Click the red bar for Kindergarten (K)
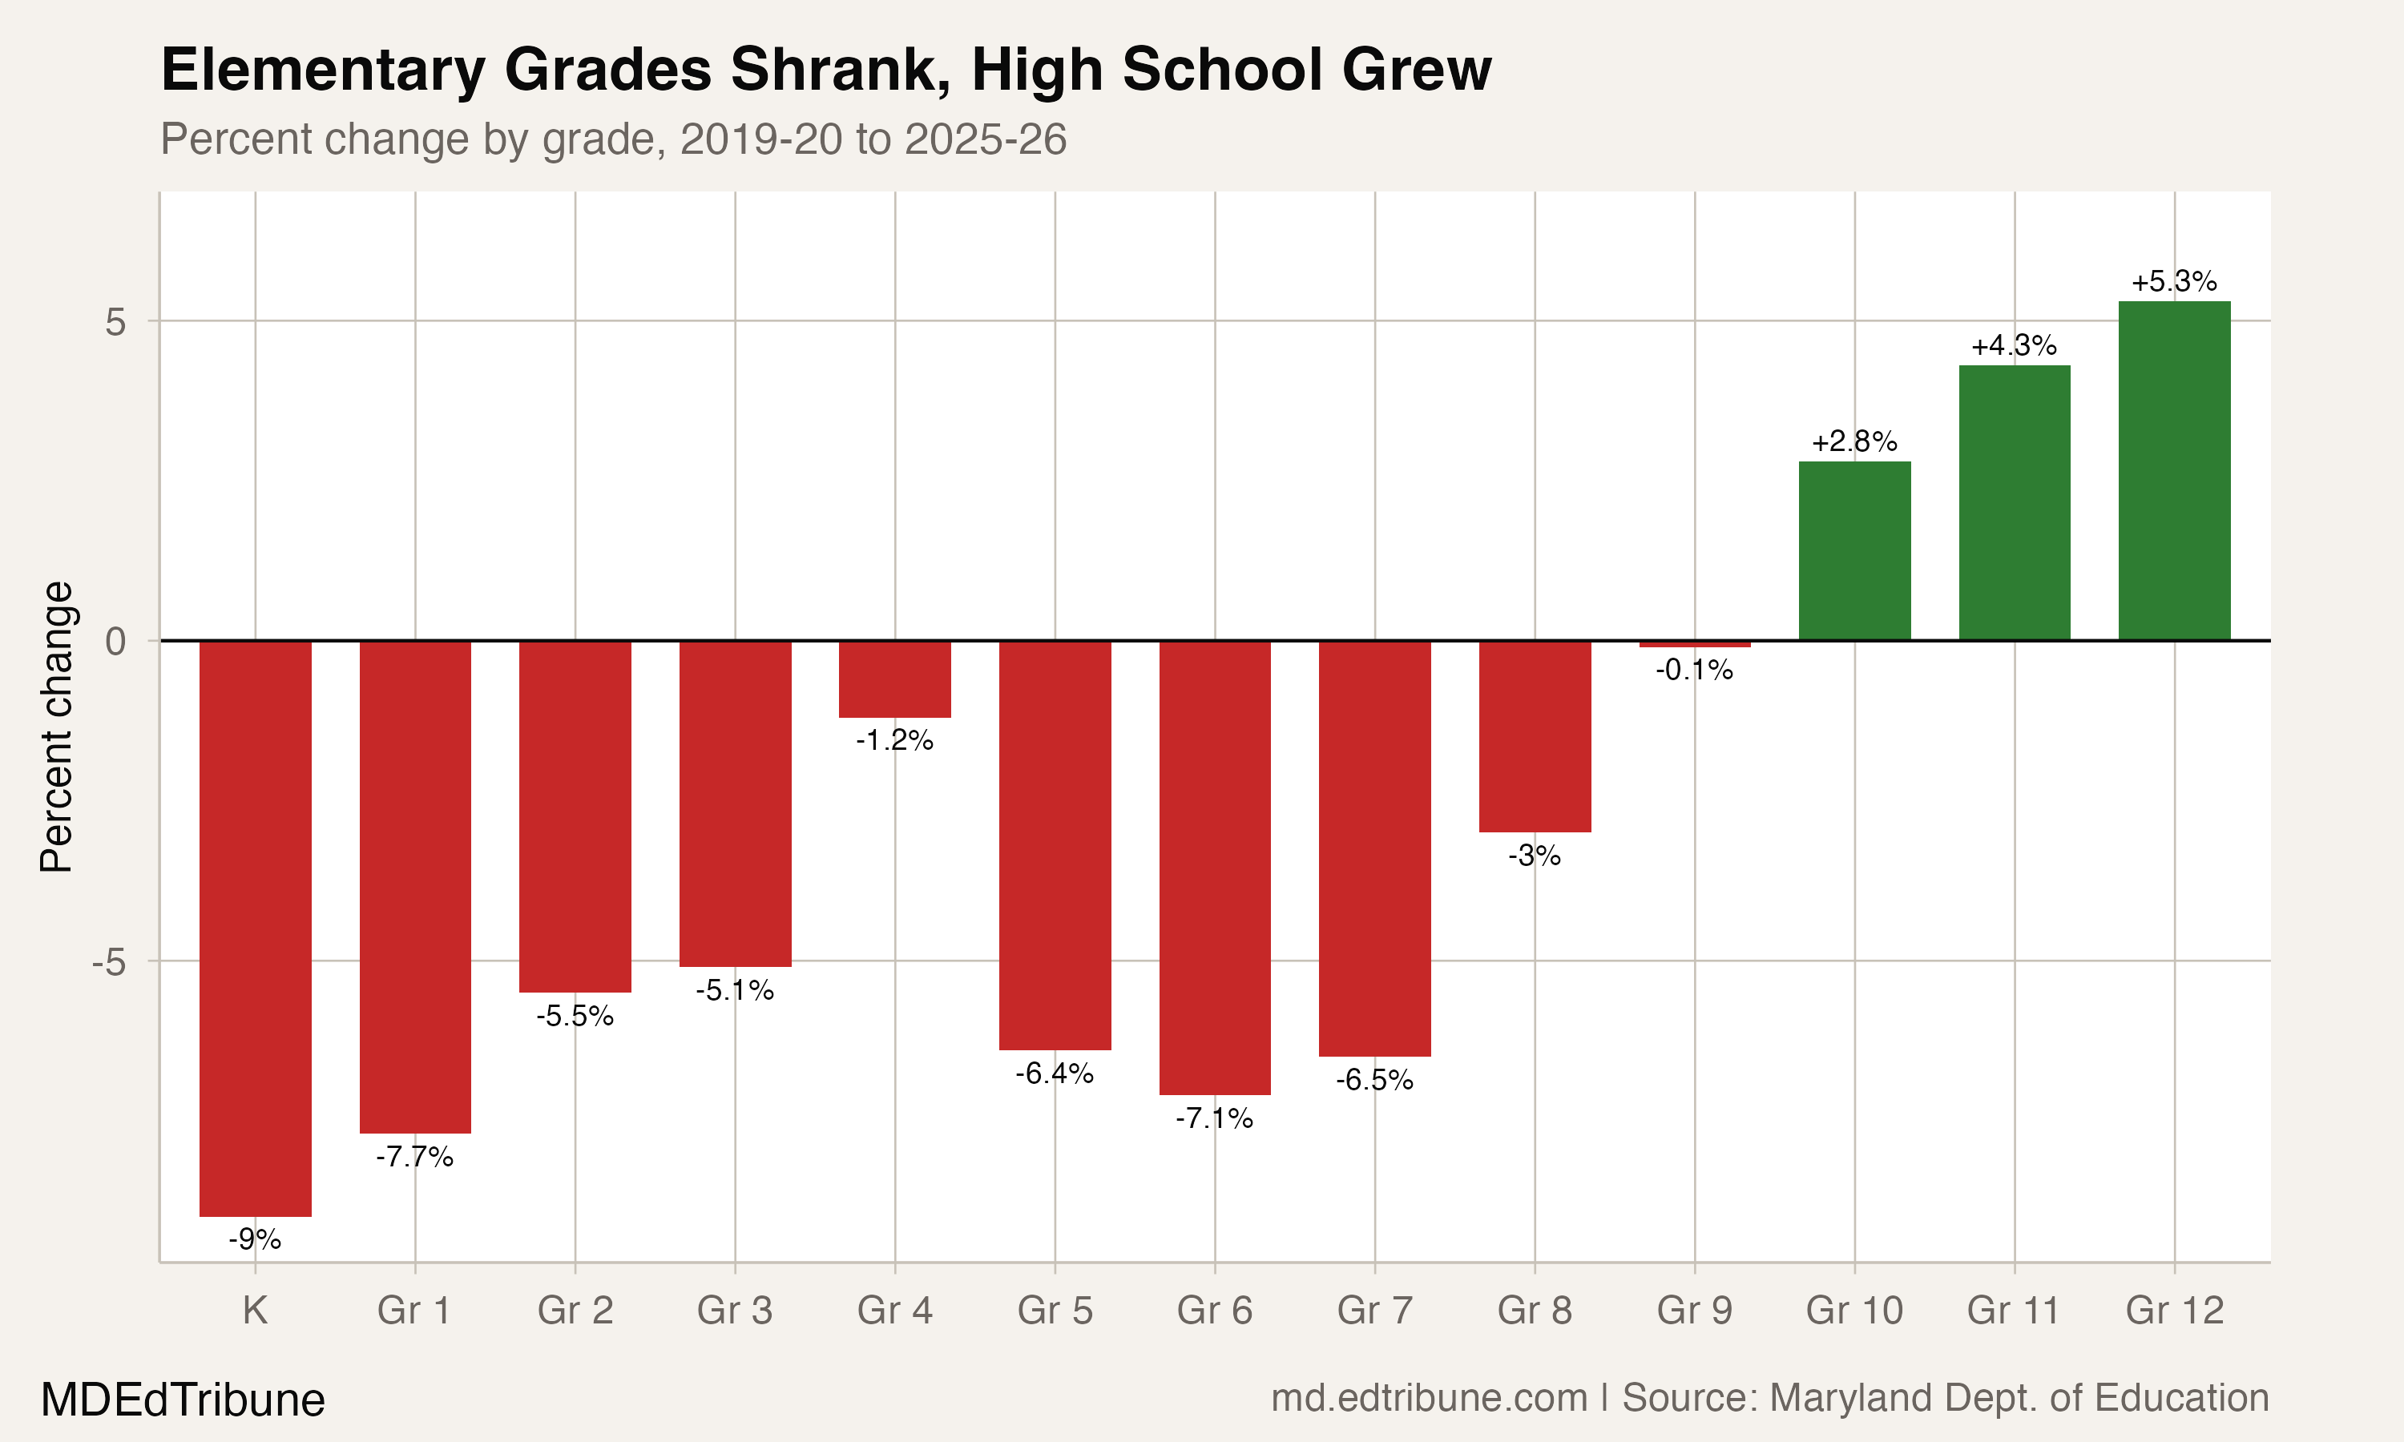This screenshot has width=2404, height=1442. [255, 928]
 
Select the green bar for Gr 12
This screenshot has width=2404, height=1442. [2174, 471]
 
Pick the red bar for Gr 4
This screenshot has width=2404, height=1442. [894, 679]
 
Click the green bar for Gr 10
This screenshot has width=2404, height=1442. [1854, 551]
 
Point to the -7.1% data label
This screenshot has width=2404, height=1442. [1214, 1118]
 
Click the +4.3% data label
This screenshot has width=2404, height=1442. [2014, 346]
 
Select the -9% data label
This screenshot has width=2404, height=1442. [255, 1239]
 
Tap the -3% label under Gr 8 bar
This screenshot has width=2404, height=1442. [1535, 856]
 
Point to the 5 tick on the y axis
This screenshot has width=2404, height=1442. [115, 321]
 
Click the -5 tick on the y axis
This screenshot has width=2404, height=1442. [109, 962]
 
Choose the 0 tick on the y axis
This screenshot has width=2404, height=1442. [115, 642]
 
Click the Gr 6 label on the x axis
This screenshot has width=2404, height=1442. [1214, 1311]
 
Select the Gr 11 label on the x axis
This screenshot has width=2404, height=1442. [2014, 1311]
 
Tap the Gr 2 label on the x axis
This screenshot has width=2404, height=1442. [575, 1311]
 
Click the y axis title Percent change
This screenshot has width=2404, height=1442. [56, 727]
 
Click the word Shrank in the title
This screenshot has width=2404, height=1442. [840, 70]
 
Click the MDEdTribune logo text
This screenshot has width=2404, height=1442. [183, 1400]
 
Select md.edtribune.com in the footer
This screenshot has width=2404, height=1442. [1429, 1398]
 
